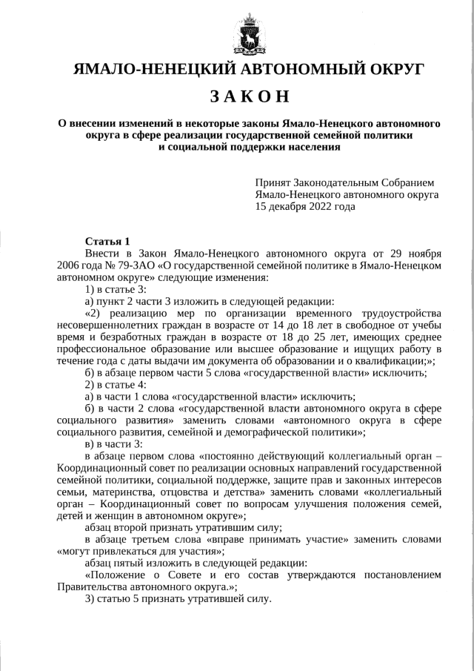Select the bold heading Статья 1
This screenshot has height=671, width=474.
107,241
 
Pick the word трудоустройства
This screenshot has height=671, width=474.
398,314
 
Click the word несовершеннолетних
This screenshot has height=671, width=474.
109,325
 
